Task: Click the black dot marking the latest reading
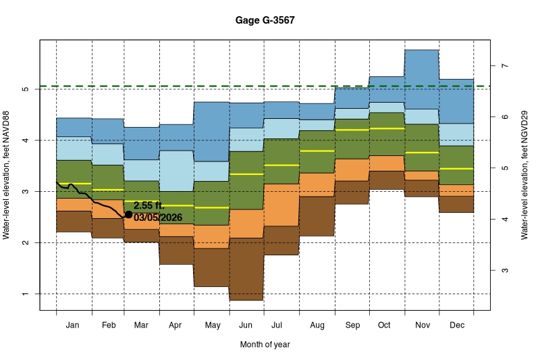pyautogui.click(x=129, y=214)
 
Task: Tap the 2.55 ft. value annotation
pyautogui.click(x=148, y=205)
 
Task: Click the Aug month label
pyautogui.click(x=317, y=326)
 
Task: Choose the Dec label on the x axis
pyautogui.click(x=456, y=326)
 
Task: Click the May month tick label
pyautogui.click(x=212, y=326)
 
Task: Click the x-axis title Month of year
pyautogui.click(x=265, y=344)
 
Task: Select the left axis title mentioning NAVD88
pyautogui.click(x=8, y=175)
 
